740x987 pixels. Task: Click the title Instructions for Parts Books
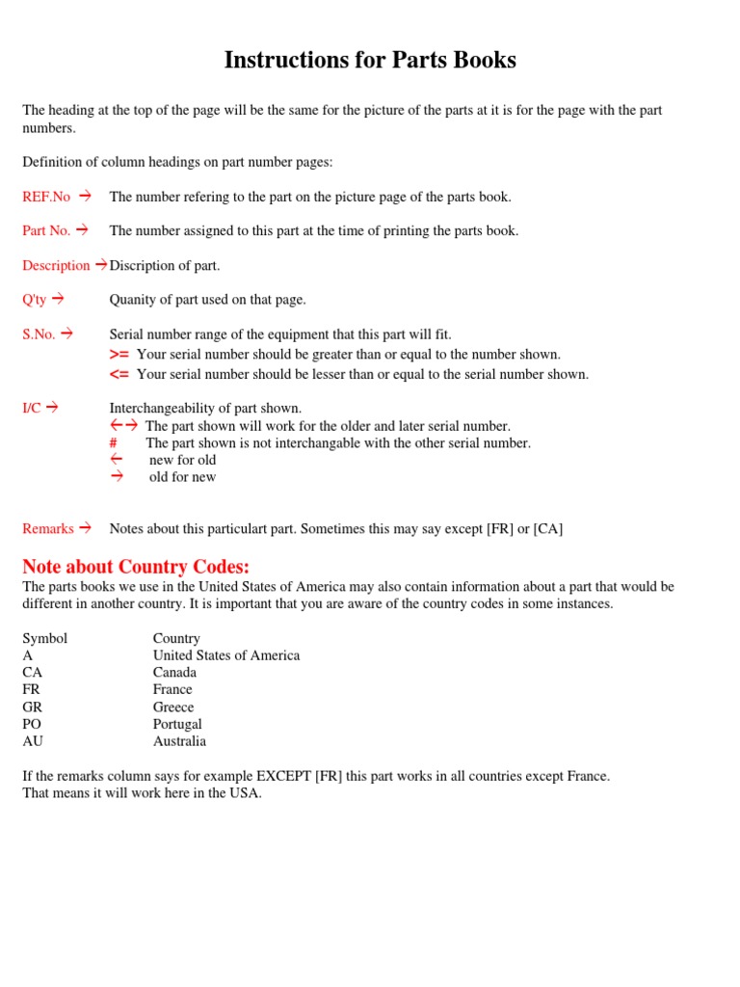(370, 60)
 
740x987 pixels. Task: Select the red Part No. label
(46, 230)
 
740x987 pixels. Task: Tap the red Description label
(56, 265)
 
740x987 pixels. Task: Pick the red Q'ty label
(36, 299)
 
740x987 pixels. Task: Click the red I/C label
(32, 408)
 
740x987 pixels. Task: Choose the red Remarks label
(48, 528)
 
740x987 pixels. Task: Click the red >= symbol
(119, 355)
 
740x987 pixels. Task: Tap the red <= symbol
(119, 374)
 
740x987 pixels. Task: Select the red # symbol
(114, 443)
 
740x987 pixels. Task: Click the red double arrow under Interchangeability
(124, 425)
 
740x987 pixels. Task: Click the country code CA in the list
(32, 672)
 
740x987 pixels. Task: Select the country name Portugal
(177, 724)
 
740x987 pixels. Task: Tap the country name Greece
(173, 707)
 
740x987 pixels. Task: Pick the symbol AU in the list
(33, 741)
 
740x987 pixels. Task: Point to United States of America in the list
(226, 655)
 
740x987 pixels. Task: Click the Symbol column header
(45, 638)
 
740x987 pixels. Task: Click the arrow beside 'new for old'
(117, 460)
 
